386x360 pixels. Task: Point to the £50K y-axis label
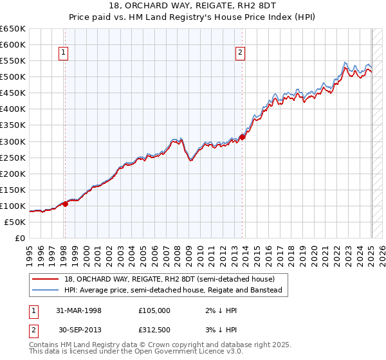pyautogui.click(x=14, y=222)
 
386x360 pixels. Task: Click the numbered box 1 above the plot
pyautogui.click(x=64, y=53)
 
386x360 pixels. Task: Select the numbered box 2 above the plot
pyautogui.click(x=240, y=53)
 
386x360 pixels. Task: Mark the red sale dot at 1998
pyautogui.click(x=65, y=204)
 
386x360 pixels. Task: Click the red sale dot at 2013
pyautogui.click(x=243, y=136)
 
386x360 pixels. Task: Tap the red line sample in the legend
pyautogui.click(x=46, y=279)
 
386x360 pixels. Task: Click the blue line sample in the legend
pyautogui.click(x=46, y=291)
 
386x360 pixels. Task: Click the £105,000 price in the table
pyautogui.click(x=154, y=310)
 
